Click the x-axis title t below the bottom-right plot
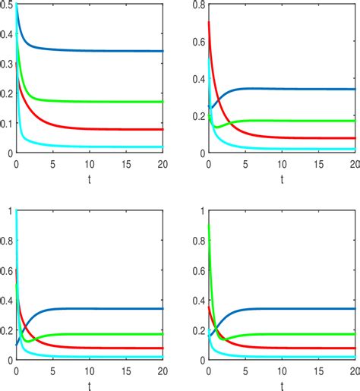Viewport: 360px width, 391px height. tap(282, 385)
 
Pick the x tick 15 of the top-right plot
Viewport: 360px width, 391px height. tap(318, 164)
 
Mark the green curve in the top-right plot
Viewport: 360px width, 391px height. tap(304, 121)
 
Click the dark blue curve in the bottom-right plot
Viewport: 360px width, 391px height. tap(304, 308)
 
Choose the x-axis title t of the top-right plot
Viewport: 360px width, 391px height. tap(282, 179)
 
